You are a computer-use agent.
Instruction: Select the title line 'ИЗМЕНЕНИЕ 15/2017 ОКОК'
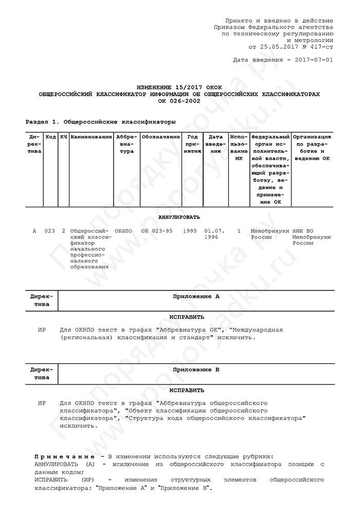[179, 88]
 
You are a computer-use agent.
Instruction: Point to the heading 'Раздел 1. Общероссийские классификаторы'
[100, 122]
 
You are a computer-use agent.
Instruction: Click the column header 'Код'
[50, 137]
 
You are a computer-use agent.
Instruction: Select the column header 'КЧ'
[63, 137]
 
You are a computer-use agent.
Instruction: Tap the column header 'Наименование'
[91, 137]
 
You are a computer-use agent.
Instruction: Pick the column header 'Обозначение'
[160, 137]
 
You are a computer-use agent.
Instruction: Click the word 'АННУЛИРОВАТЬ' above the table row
[179, 217]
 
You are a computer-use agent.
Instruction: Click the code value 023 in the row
[49, 231]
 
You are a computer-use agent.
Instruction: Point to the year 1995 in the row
[190, 231]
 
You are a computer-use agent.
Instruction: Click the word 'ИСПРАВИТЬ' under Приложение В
[179, 390]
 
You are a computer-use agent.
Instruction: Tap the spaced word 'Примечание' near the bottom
[64, 457]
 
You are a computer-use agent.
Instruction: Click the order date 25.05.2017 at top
[278, 46]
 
